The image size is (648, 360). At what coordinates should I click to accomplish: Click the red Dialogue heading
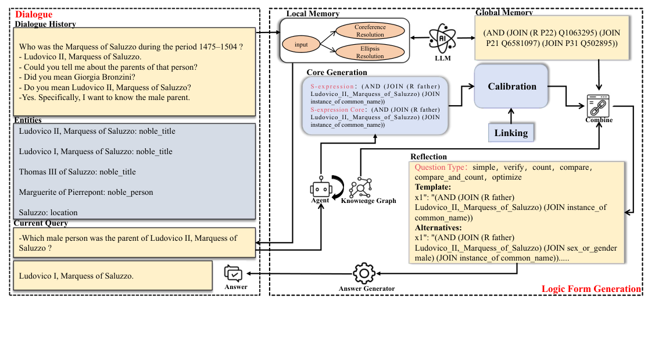click(x=34, y=15)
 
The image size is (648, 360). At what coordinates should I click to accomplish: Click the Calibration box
click(x=511, y=86)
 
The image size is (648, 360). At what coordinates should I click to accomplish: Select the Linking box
click(x=511, y=133)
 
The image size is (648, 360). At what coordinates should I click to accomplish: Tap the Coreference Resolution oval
click(x=370, y=31)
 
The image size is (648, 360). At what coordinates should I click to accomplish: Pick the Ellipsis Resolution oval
click(x=370, y=52)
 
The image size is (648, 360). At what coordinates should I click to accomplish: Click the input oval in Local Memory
click(x=301, y=44)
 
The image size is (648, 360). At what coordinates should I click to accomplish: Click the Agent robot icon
click(x=320, y=187)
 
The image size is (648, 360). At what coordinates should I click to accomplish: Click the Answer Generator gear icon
click(x=364, y=273)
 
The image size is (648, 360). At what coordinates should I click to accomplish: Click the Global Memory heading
click(x=504, y=12)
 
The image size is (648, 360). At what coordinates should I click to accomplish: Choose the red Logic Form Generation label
click(x=591, y=289)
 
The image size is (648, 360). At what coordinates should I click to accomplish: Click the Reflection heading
click(x=429, y=156)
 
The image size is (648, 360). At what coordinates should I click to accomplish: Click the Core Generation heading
click(x=336, y=72)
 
